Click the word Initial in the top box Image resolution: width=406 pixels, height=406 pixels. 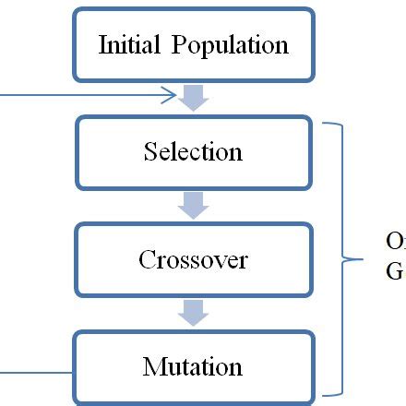[x=125, y=44]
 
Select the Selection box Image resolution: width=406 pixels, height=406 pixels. [x=194, y=152]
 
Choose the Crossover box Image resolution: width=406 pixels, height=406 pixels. [x=194, y=260]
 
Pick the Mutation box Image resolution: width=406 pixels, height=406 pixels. [x=194, y=367]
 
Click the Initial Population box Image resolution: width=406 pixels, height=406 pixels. [x=194, y=44]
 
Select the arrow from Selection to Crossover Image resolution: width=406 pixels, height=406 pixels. [x=194, y=205]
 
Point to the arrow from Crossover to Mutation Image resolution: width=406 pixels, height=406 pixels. [x=194, y=313]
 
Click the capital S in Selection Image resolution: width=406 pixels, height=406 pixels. [x=150, y=152]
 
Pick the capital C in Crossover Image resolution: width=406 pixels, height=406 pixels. [x=147, y=260]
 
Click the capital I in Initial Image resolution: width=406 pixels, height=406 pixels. [x=102, y=44]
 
